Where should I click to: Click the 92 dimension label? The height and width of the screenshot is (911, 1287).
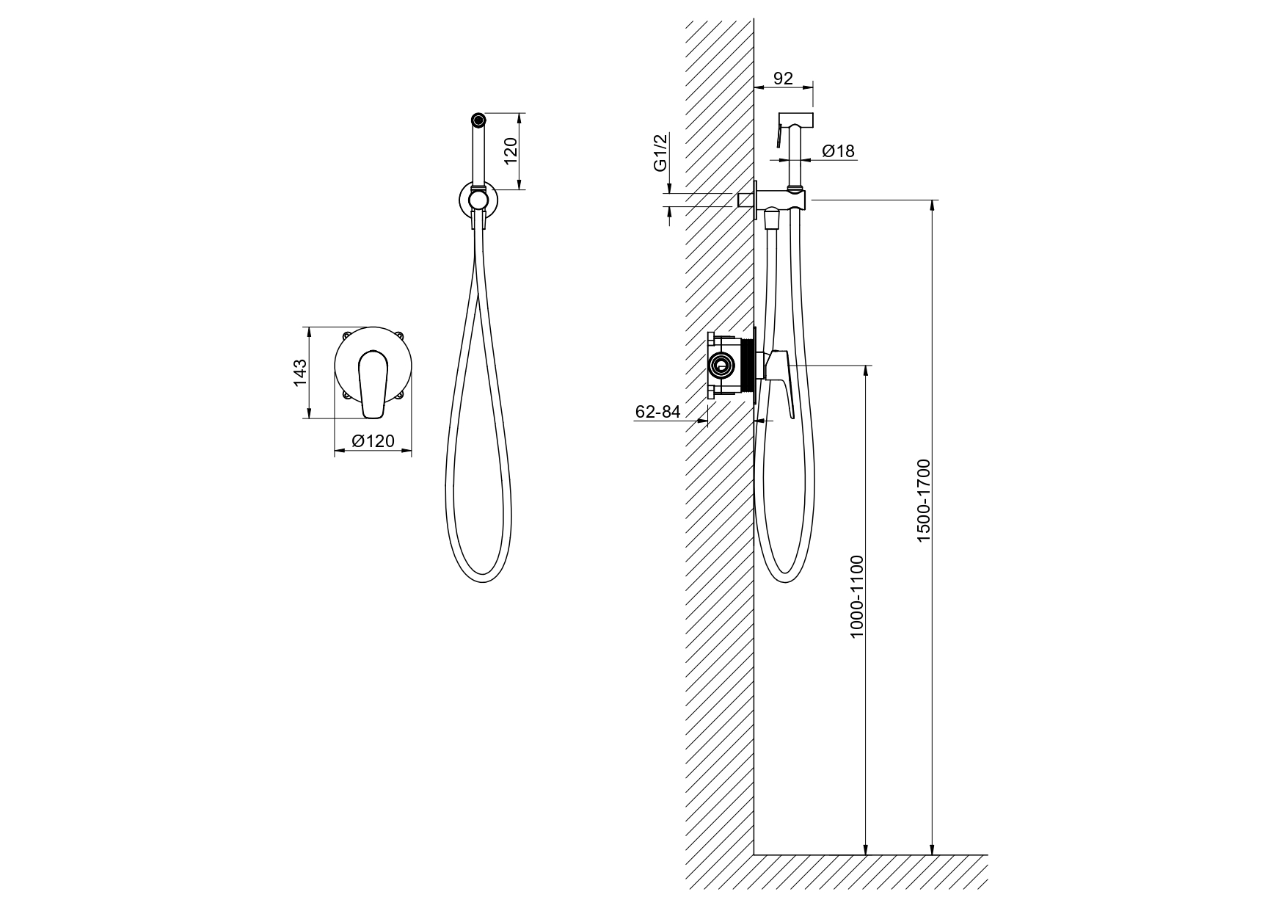click(784, 78)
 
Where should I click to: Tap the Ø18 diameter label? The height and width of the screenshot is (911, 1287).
click(838, 151)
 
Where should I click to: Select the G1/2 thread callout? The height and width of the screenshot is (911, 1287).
click(661, 153)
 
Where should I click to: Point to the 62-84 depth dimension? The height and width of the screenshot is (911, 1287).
click(658, 413)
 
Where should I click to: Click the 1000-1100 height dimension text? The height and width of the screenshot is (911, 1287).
click(857, 597)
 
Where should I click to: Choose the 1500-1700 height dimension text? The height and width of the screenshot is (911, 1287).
click(923, 501)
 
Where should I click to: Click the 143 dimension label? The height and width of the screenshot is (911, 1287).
click(300, 373)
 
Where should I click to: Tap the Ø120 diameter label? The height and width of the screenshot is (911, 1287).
click(373, 440)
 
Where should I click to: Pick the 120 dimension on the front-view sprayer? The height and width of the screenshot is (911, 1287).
click(511, 150)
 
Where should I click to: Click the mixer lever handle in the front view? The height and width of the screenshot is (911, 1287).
click(373, 385)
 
